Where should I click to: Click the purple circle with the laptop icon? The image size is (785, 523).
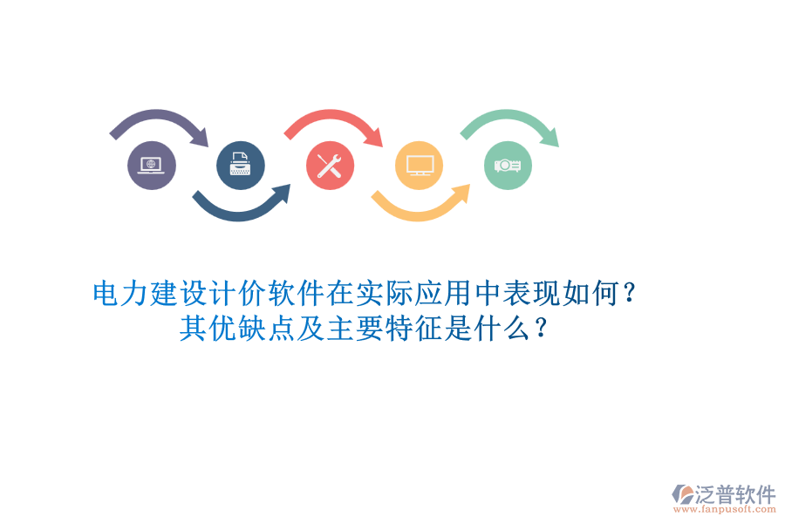point(152,166)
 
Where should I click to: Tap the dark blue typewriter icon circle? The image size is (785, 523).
point(240,166)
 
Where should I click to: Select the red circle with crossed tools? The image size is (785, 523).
point(330,166)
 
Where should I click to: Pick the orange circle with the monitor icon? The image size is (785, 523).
point(419,166)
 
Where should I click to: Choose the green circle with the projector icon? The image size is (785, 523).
point(508,166)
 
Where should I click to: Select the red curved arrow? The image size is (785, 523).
point(336,120)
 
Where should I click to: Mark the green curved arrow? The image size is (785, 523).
point(511,120)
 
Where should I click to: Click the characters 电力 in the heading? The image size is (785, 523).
point(120,293)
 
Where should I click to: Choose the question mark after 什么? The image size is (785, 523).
point(543,329)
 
